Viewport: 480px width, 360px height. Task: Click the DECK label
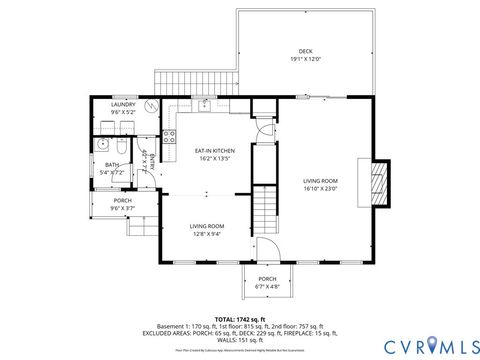(305, 51)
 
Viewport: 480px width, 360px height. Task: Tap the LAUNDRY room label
(123, 104)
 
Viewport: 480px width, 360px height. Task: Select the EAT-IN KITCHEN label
(216, 150)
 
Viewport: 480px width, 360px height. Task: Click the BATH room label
(112, 165)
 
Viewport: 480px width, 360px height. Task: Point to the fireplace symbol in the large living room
(379, 182)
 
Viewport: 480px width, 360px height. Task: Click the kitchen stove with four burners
(169, 136)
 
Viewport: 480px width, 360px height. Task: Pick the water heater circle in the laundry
(150, 105)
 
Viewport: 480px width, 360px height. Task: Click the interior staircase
(264, 209)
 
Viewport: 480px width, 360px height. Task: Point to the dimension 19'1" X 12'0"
(305, 59)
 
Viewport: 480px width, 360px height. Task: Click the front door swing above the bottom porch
(267, 250)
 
